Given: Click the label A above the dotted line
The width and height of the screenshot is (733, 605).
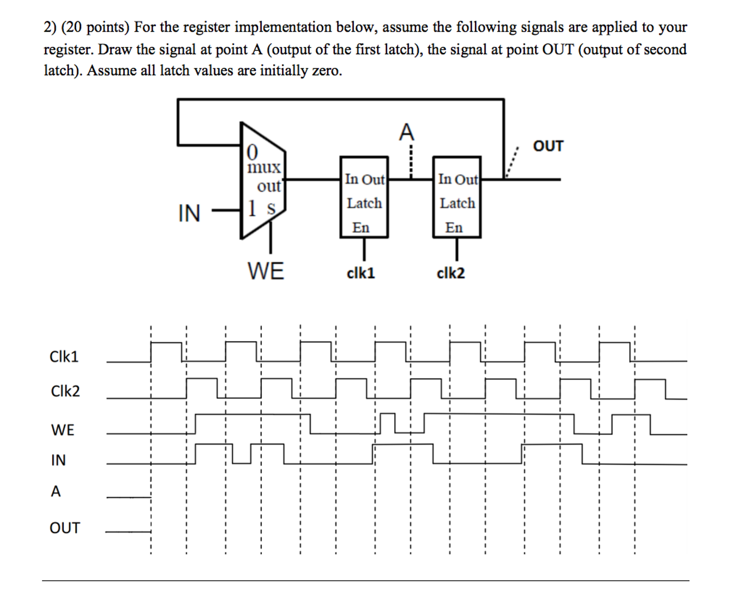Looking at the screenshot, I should (x=407, y=132).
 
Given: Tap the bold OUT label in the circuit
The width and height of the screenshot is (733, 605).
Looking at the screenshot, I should (x=548, y=146).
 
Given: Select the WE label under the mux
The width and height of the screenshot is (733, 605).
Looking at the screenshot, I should (x=265, y=271).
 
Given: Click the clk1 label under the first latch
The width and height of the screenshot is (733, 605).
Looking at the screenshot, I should (x=361, y=274).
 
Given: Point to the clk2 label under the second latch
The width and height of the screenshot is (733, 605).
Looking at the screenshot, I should (x=450, y=274).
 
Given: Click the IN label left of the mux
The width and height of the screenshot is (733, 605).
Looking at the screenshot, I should (x=189, y=213).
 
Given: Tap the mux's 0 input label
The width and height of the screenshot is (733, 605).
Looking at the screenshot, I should (x=252, y=153).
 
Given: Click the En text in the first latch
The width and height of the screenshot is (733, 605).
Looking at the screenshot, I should (x=360, y=228).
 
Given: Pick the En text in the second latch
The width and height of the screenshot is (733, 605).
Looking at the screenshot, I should (x=454, y=228).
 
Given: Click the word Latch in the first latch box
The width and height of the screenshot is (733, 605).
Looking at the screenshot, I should (x=364, y=203).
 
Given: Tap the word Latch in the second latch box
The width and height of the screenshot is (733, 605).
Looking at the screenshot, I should (x=457, y=203).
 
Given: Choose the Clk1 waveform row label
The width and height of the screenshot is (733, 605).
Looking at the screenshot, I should (x=64, y=357).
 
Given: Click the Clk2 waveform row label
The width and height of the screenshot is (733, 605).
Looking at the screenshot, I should (x=65, y=391).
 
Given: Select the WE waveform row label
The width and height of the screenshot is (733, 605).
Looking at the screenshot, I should (x=63, y=430).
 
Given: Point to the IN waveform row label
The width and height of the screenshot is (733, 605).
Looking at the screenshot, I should (x=58, y=460).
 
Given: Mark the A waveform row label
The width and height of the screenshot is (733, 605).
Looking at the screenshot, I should (x=56, y=491).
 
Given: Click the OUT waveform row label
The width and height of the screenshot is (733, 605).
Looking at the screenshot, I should (x=65, y=528).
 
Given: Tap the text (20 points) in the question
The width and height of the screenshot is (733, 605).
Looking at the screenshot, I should (x=95, y=28).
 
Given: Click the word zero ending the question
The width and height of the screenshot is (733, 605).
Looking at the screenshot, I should (x=326, y=71).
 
